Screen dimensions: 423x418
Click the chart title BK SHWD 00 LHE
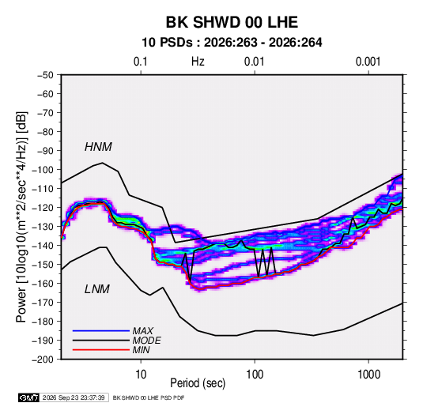(x=232, y=22)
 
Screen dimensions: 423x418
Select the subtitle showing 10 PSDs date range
(x=232, y=43)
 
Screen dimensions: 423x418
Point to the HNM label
(x=98, y=147)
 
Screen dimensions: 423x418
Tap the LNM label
(x=97, y=289)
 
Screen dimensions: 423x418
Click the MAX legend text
(x=142, y=331)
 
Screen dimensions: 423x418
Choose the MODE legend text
(x=146, y=341)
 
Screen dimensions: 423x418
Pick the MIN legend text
(x=141, y=350)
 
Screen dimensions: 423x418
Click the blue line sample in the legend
(x=101, y=331)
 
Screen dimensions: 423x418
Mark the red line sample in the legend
(x=101, y=350)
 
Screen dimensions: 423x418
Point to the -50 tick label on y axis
(x=45, y=75)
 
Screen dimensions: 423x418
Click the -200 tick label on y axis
(x=43, y=360)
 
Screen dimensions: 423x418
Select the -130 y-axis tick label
(x=43, y=227)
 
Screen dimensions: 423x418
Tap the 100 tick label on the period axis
(x=255, y=375)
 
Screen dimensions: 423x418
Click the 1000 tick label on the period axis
(x=368, y=375)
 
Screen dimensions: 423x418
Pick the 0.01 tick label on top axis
(x=254, y=62)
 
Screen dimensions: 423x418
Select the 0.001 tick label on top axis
(x=368, y=62)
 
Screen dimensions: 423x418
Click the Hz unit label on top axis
(x=198, y=62)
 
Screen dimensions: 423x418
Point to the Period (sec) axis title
(x=198, y=383)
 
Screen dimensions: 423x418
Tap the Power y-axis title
(x=21, y=217)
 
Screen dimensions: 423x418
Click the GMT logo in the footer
(x=28, y=397)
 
